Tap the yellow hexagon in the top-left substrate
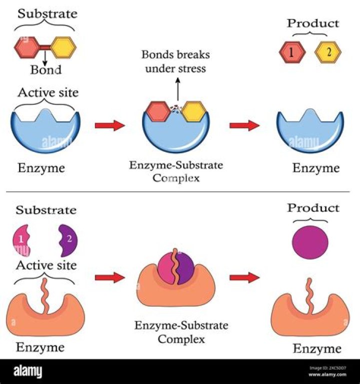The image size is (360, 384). point(63,47)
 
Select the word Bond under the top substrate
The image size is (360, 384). point(45,69)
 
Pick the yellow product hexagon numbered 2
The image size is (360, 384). point(328,51)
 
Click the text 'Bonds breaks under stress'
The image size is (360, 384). point(175,61)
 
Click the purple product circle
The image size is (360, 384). point(310,242)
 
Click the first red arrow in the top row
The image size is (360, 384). point(109,125)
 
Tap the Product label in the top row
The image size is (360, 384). point(312,23)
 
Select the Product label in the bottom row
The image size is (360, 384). point(312,207)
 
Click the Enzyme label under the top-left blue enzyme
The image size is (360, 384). point(41,168)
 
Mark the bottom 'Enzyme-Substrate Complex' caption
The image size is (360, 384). point(181,332)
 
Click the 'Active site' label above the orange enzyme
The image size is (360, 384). point(46,265)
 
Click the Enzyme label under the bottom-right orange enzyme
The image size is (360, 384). point(316,348)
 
